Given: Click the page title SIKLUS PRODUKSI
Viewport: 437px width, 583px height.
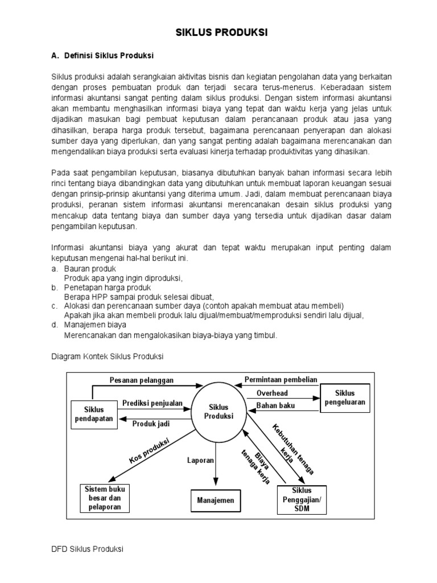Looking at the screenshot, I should pos(220,34).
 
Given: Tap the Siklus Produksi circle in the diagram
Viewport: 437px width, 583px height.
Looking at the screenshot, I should pos(218,412).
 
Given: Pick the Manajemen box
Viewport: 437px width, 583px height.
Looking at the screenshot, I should pos(216,501).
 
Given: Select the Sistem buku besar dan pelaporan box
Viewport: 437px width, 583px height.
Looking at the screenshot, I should pos(106,498).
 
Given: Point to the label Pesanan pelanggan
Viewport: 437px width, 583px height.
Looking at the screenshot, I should pos(142,380).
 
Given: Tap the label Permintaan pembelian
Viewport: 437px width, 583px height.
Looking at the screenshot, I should pos(281,380).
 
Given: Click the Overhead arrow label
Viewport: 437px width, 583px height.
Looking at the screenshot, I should pos(272,393).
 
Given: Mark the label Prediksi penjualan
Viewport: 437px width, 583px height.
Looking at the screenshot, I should pos(152,404).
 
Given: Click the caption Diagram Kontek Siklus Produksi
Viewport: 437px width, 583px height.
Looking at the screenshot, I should pos(107,356).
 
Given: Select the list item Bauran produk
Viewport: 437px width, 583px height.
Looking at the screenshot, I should pos(89,268).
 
